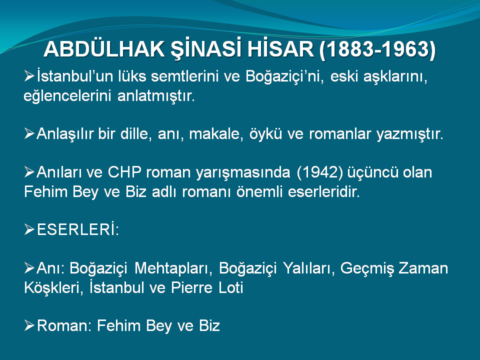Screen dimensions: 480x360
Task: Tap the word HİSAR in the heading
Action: [x=280, y=49]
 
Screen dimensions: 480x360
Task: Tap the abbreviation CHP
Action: [x=124, y=172]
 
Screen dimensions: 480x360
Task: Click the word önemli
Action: [x=259, y=192]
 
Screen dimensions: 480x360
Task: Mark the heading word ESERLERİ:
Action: [x=78, y=229]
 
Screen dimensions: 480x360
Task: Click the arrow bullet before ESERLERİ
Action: [x=29, y=229]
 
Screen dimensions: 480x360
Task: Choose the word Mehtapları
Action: [x=173, y=268]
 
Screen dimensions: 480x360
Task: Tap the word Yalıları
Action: [x=309, y=268]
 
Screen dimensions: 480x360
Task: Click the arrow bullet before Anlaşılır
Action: [x=29, y=134]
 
